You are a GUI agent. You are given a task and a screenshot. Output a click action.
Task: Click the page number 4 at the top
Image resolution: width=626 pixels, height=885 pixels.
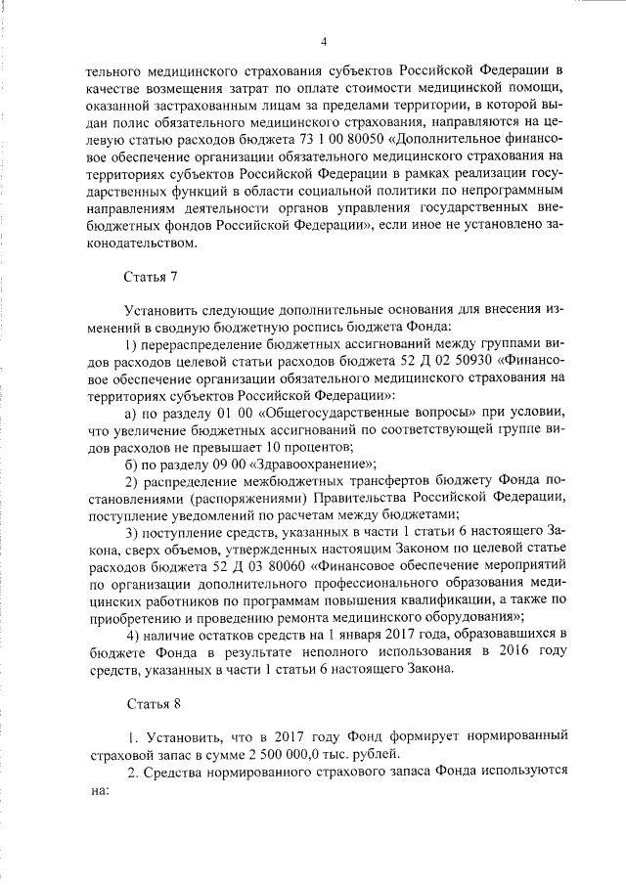click(x=324, y=40)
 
